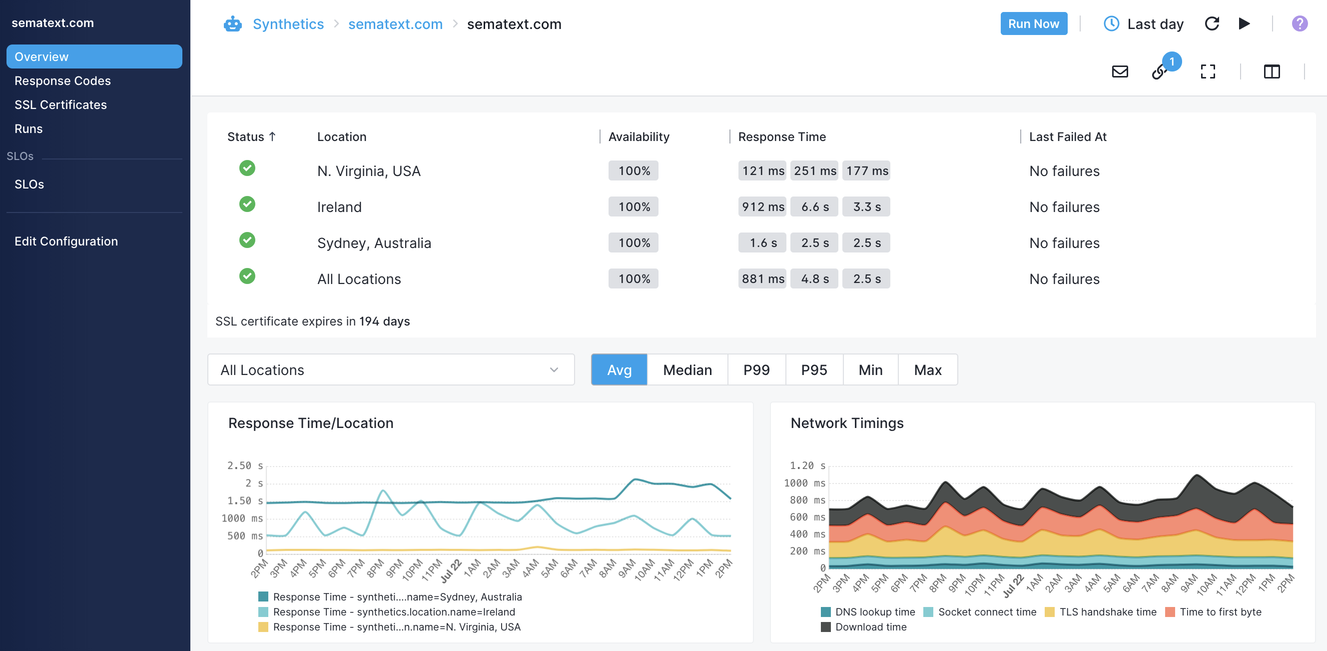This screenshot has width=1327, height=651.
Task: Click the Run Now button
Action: pyautogui.click(x=1033, y=23)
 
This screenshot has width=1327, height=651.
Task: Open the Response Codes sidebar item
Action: pyautogui.click(x=62, y=81)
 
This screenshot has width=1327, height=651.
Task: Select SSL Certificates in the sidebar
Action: pyautogui.click(x=61, y=104)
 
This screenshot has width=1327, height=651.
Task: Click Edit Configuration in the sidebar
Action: pyautogui.click(x=66, y=241)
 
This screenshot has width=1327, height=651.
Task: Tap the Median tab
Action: pyautogui.click(x=687, y=369)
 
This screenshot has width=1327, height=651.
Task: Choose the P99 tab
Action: pyautogui.click(x=756, y=369)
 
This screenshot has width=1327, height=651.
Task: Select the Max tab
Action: pyautogui.click(x=928, y=369)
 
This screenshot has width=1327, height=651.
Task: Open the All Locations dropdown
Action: pyautogui.click(x=391, y=369)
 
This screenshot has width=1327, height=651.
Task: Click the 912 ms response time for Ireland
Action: pyautogui.click(x=762, y=206)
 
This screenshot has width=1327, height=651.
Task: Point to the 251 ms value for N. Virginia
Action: pyautogui.click(x=814, y=170)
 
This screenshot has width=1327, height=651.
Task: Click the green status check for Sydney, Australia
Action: pyautogui.click(x=247, y=240)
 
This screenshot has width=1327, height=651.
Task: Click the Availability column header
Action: pyautogui.click(x=639, y=136)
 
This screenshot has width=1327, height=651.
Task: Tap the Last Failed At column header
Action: pyautogui.click(x=1067, y=136)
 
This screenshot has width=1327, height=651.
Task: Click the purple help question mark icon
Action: pyautogui.click(x=1299, y=23)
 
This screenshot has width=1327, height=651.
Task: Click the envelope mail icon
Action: pyautogui.click(x=1120, y=71)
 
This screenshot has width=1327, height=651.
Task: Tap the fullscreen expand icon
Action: pyautogui.click(x=1208, y=71)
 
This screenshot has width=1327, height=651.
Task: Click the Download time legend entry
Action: pyautogui.click(x=864, y=627)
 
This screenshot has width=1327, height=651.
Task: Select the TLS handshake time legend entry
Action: pyautogui.click(x=1100, y=612)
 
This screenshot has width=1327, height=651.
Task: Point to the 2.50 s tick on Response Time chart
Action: pyautogui.click(x=245, y=465)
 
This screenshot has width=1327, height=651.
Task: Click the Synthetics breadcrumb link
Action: pyautogui.click(x=288, y=24)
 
